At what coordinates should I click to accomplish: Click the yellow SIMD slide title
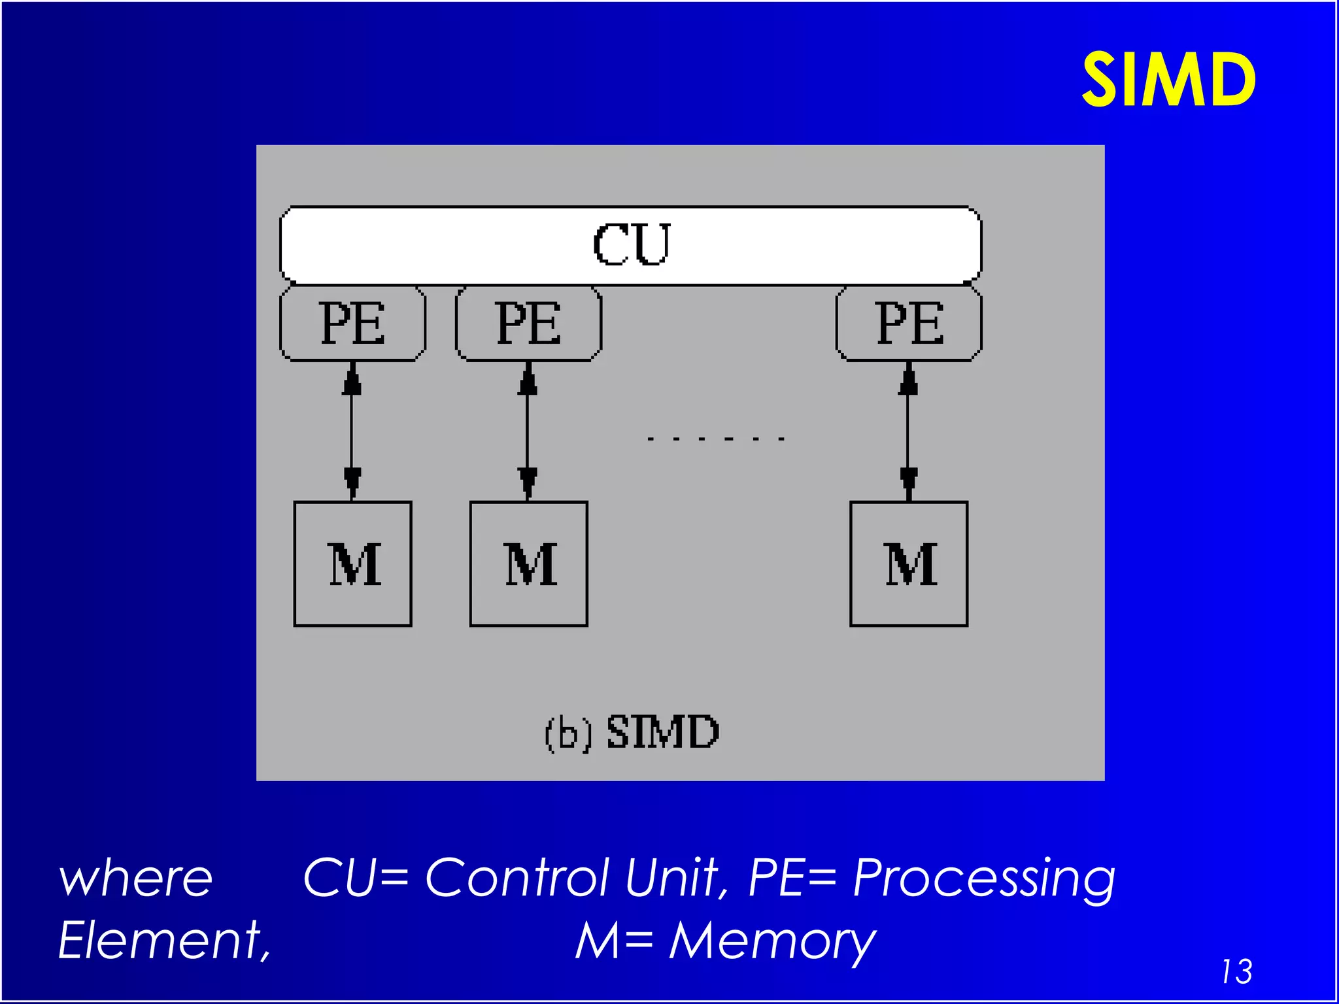coord(1168,80)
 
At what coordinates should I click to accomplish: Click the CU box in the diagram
coord(630,245)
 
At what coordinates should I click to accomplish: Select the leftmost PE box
coord(352,323)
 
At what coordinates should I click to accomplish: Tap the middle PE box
coord(528,323)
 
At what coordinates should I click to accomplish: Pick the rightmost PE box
coord(909,323)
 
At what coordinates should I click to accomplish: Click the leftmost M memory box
coord(353,563)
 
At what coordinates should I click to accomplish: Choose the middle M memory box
coord(529,563)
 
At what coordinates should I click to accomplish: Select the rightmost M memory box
coord(909,563)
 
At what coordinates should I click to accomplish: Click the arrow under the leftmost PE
coord(352,431)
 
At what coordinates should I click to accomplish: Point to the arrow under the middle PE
coord(528,431)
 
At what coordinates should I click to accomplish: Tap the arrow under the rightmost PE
coord(908,431)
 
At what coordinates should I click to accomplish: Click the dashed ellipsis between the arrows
coord(715,439)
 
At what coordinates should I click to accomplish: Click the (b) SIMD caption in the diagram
coord(632,732)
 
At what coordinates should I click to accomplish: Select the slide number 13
coord(1236,971)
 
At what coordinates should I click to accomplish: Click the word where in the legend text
coord(136,879)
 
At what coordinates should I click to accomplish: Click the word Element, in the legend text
coord(164,941)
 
